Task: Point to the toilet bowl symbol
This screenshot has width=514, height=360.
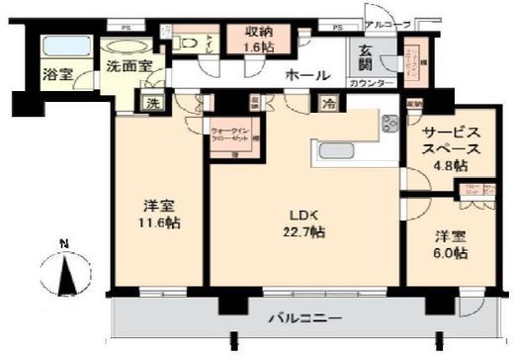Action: (x=188, y=44)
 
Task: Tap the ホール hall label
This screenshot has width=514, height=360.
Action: (x=305, y=75)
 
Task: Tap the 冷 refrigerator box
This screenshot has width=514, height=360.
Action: (x=326, y=102)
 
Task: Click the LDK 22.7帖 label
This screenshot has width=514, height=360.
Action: (x=304, y=222)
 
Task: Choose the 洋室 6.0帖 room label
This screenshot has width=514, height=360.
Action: (x=453, y=244)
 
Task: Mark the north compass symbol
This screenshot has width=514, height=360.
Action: (x=65, y=269)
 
